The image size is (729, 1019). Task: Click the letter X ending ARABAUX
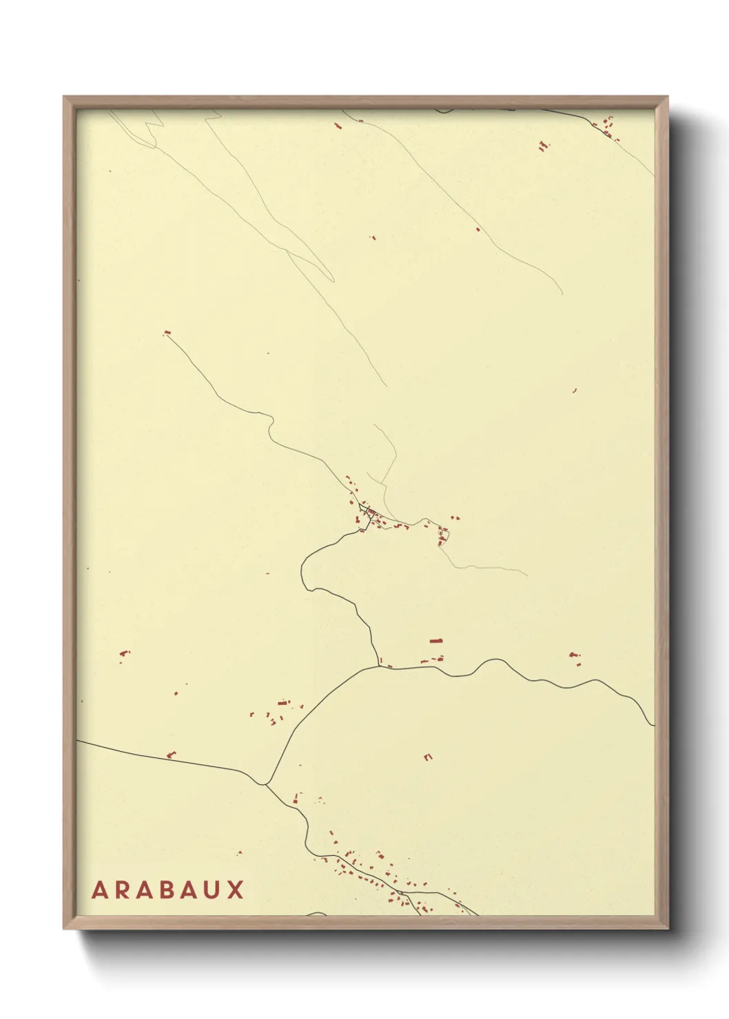tap(236, 890)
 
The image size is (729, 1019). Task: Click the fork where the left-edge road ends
tap(265, 784)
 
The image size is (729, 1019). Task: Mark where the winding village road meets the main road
tap(379, 665)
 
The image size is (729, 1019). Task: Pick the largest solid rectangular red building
tap(435, 641)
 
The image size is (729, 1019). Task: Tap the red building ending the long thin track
tap(166, 333)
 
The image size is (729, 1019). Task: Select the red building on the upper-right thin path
tap(478, 229)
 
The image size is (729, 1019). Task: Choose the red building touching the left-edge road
tap(172, 755)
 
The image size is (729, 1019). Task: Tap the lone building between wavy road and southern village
tap(428, 757)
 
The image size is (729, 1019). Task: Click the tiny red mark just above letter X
tap(240, 853)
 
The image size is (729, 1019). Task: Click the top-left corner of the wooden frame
tap(64, 97)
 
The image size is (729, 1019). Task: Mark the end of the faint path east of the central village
tap(527, 575)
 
